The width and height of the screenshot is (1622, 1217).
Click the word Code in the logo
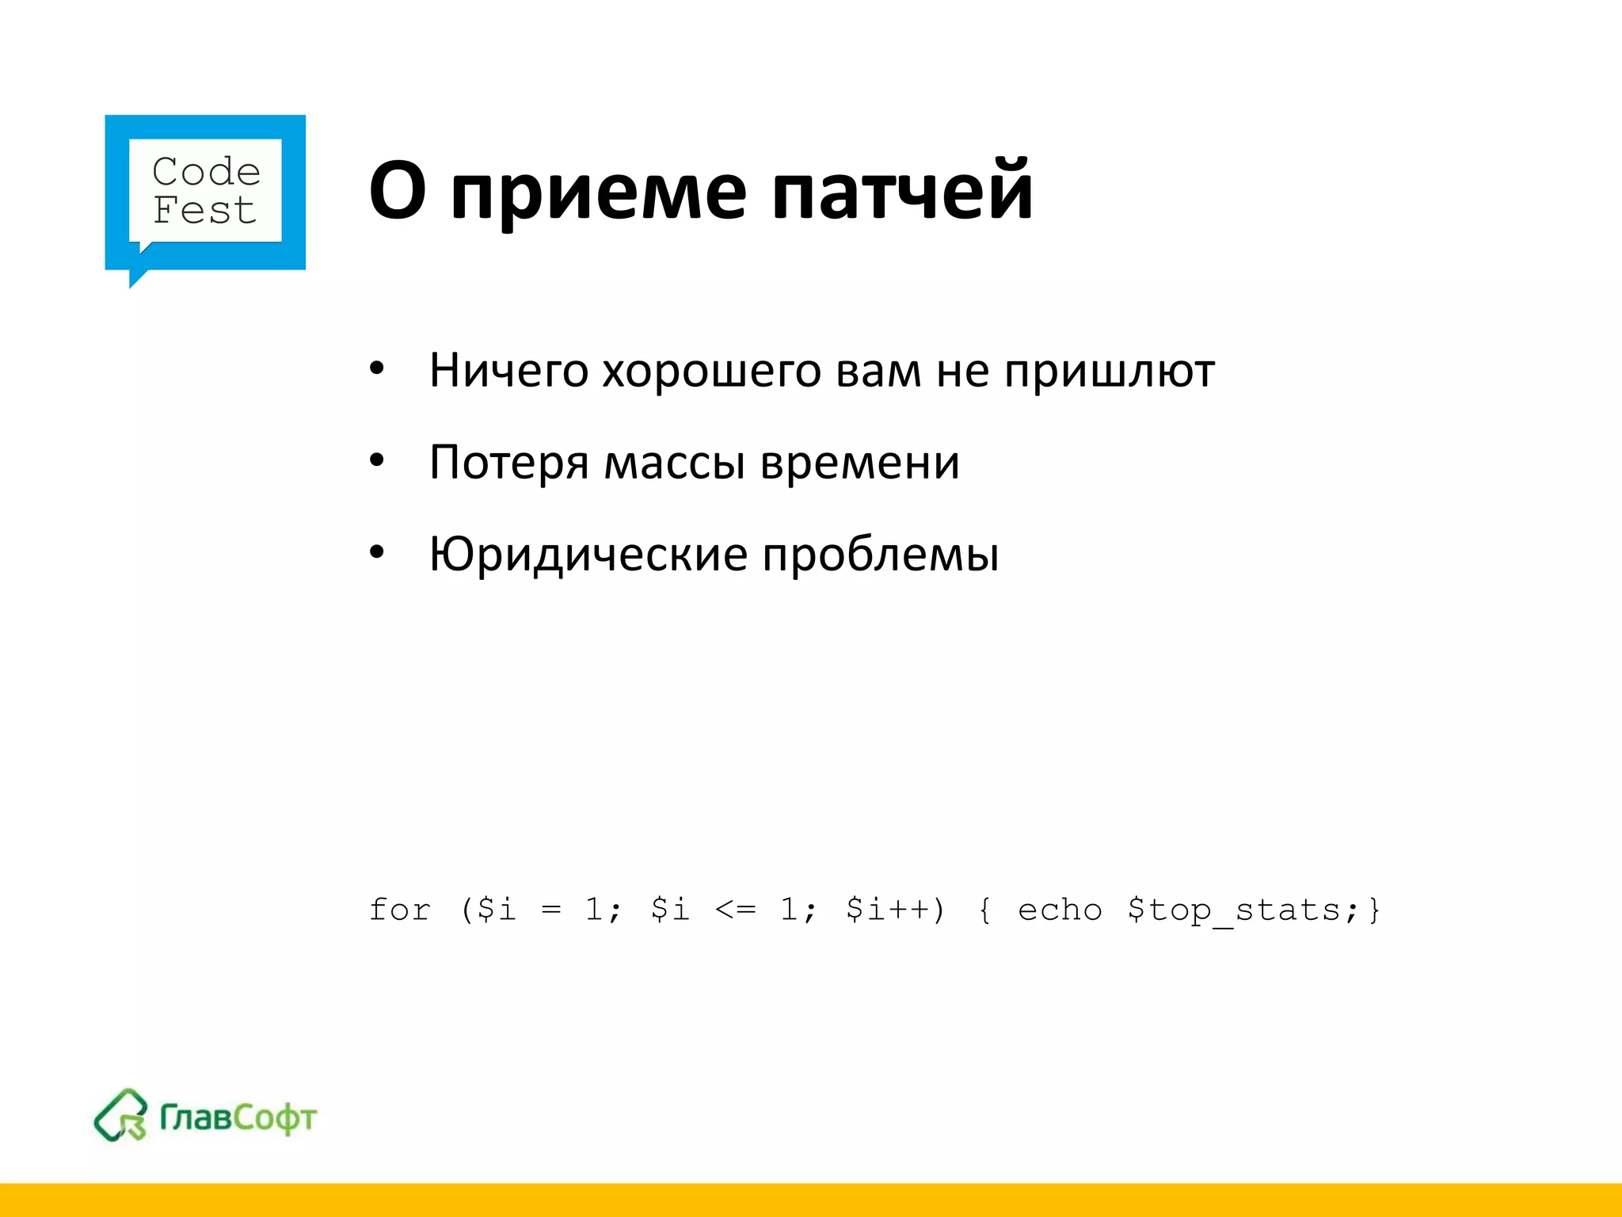206,172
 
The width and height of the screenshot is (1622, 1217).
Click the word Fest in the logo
204,211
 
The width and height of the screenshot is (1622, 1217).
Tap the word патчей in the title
902,192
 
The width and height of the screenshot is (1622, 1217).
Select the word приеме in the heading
598,192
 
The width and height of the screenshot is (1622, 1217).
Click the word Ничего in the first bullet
508,371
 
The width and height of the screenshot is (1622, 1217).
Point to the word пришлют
1109,371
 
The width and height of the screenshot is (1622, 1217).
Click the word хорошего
711,371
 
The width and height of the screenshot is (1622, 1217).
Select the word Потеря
508,463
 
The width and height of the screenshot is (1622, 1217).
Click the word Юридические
588,554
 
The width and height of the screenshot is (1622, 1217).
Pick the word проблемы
880,554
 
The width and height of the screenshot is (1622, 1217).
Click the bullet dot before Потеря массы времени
377,460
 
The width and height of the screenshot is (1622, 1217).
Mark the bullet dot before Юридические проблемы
377,552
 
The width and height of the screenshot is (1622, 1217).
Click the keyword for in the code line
400,910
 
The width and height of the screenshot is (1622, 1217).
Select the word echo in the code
1059,910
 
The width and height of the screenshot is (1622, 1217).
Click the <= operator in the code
735,910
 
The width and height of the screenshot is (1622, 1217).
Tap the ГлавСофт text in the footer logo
238,1117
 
